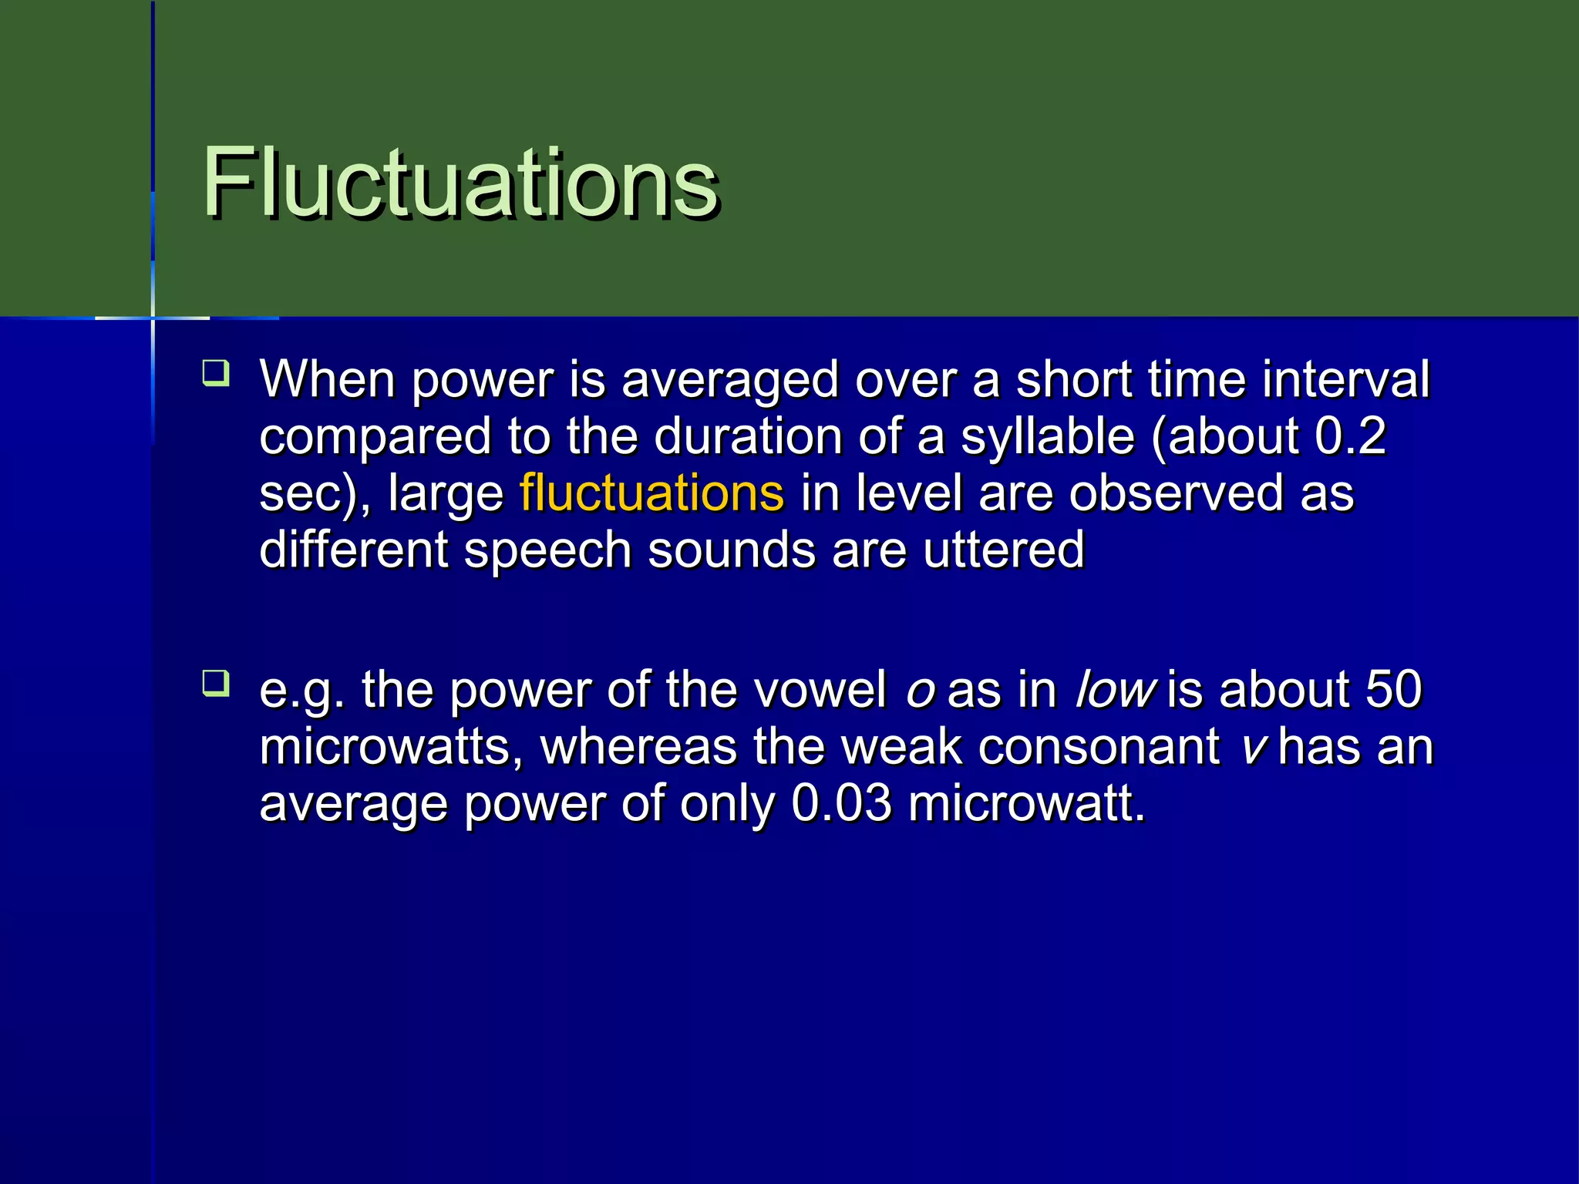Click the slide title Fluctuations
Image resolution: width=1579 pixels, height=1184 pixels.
click(x=460, y=183)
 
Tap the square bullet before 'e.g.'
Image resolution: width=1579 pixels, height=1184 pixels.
click(x=216, y=683)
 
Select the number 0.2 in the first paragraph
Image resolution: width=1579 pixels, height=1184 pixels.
click(x=1350, y=436)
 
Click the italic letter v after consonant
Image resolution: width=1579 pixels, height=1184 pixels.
click(x=1254, y=746)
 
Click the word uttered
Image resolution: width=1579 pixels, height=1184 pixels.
click(x=1003, y=550)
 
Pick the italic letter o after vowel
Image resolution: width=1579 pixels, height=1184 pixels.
click(x=921, y=688)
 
